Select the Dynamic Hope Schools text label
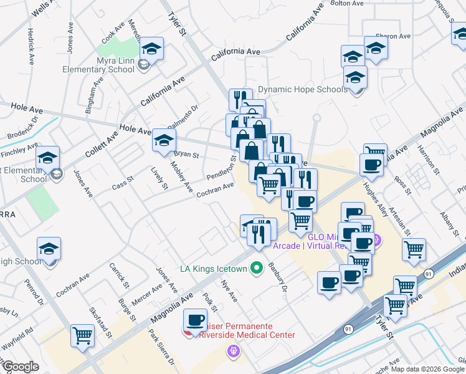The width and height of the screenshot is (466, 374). (x=303, y=89)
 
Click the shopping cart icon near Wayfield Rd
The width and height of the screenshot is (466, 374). (x=82, y=335)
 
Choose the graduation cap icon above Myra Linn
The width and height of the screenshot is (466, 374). (x=151, y=48)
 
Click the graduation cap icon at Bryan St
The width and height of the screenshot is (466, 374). (x=164, y=142)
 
